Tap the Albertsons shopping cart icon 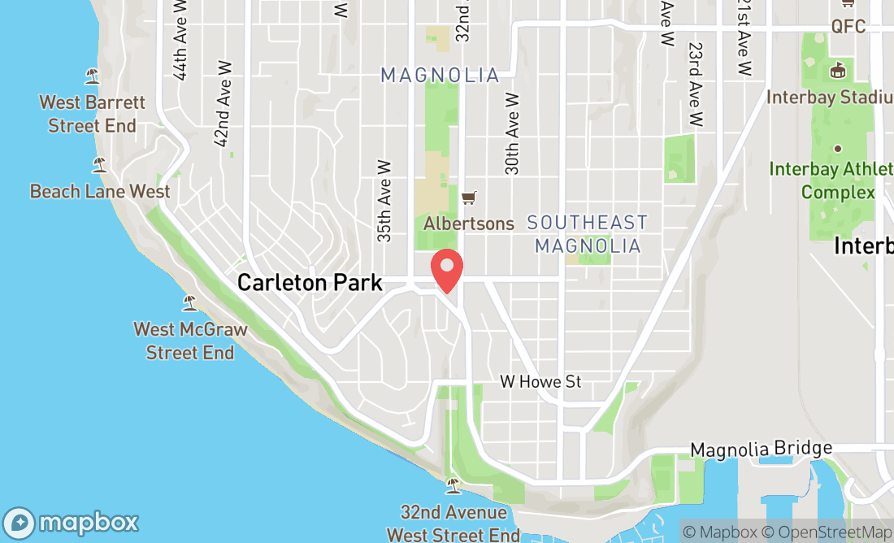click(x=468, y=198)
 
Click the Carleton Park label click(x=310, y=283)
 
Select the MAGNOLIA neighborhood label click(x=440, y=76)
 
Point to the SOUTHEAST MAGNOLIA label click(x=588, y=233)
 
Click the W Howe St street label click(x=540, y=381)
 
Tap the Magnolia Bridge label click(x=761, y=449)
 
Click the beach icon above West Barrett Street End click(x=93, y=76)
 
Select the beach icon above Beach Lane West click(x=100, y=165)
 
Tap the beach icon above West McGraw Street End click(x=190, y=303)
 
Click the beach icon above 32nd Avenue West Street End click(x=453, y=486)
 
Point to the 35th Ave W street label click(x=384, y=200)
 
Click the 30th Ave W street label click(x=512, y=133)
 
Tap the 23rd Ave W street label click(x=694, y=85)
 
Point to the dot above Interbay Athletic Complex click(x=838, y=149)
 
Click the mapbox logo click(x=71, y=522)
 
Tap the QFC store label click(x=848, y=27)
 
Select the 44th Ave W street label click(x=180, y=41)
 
